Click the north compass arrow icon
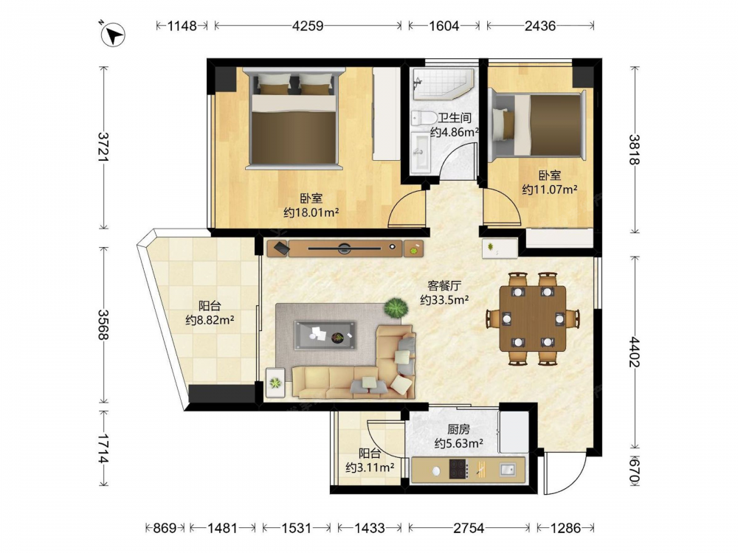click(x=112, y=35)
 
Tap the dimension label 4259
click(x=307, y=25)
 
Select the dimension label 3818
click(x=635, y=150)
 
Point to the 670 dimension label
click(x=635, y=471)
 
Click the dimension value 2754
click(x=469, y=528)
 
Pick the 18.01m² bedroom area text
click(x=311, y=212)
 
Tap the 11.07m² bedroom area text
click(x=550, y=189)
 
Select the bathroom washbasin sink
click(x=421, y=151)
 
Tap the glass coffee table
click(x=325, y=335)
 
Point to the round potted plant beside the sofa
click(x=396, y=308)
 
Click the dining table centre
click(x=533, y=319)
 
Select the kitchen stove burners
click(x=458, y=469)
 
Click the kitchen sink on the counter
click(x=507, y=469)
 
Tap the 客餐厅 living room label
click(x=444, y=285)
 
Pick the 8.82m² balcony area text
click(x=210, y=320)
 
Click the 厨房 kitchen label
click(x=458, y=429)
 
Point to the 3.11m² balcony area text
click(x=370, y=467)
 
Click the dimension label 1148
click(x=182, y=25)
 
